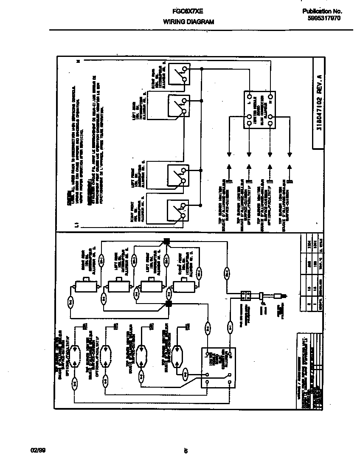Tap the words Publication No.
click(x=322, y=11)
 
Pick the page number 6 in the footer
click(x=186, y=451)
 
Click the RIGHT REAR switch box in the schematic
click(x=178, y=74)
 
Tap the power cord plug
click(x=280, y=294)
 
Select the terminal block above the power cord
click(x=246, y=294)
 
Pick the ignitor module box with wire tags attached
click(x=218, y=367)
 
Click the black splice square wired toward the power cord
click(x=166, y=242)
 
